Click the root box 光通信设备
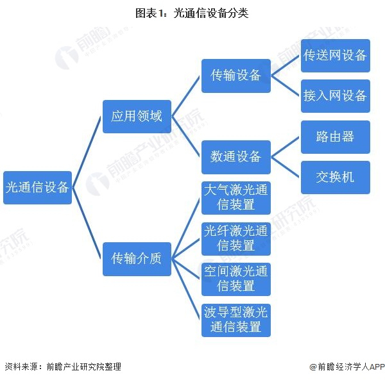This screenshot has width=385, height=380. point(38,188)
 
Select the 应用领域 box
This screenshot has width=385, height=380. point(137,117)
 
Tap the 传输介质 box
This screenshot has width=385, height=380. point(137,259)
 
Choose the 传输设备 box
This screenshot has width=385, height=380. point(236,76)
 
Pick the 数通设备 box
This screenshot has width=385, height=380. point(236,157)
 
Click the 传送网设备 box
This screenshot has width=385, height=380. point(336,56)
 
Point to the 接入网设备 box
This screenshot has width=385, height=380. point(336,96)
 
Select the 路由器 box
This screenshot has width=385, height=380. point(336,137)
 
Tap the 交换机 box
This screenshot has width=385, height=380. point(336,178)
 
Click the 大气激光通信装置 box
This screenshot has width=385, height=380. point(236,198)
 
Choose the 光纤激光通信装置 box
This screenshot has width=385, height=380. point(236,239)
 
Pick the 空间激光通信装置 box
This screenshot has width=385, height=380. point(236,279)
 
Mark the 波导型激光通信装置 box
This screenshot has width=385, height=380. point(236,320)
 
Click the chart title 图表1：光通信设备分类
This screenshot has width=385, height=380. point(192,13)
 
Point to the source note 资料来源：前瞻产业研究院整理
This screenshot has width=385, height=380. point(63,367)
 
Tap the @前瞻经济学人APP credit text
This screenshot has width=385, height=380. point(346,367)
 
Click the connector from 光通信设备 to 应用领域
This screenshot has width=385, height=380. point(87,152)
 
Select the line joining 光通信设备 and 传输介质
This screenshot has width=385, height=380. point(87,223)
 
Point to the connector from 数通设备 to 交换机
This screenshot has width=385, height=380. point(286,167)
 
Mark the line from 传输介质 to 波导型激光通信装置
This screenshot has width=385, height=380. point(186,289)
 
